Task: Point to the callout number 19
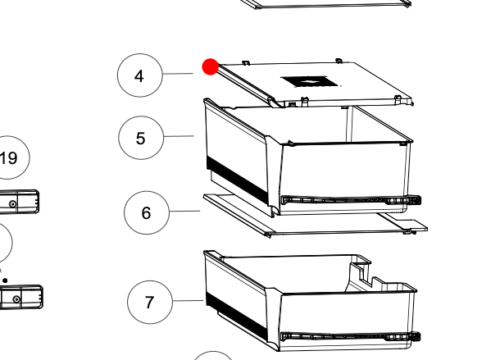pos(8,157)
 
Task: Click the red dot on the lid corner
pos(211,66)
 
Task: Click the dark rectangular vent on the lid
pos(309,81)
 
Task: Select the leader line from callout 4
pos(178,74)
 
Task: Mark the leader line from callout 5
pos(179,136)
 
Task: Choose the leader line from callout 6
pos(184,211)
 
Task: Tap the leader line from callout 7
pos(188,301)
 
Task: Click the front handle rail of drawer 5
pos(351,200)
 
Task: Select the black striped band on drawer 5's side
pos(237,179)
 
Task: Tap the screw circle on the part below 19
pos(13,203)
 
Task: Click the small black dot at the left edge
pos(5,280)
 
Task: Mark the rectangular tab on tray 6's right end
pos(411,225)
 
